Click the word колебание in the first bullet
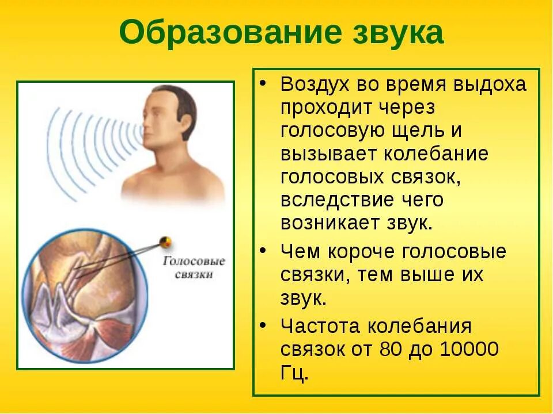click(x=441, y=154)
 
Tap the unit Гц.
click(x=294, y=373)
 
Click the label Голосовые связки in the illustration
click(x=194, y=267)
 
